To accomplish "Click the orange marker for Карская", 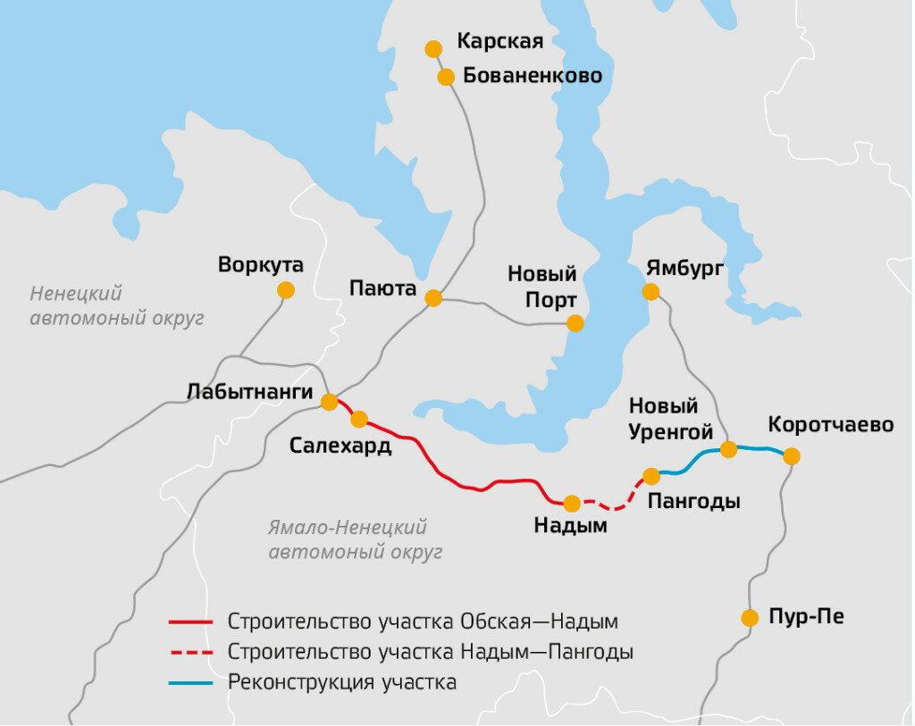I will [433, 48].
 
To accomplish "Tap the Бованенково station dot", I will [446, 77].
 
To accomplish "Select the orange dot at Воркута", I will [285, 290].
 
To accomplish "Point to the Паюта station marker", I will [433, 298].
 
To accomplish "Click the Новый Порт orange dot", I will [575, 323].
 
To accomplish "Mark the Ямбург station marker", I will [651, 292].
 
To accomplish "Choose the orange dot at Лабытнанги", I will [330, 402].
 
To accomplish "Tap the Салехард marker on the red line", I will [359, 419].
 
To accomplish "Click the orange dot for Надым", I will [572, 504].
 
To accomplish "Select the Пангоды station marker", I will [651, 476].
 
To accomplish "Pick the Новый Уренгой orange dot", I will [728, 449].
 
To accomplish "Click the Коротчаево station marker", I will [791, 456].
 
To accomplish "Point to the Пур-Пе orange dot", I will [750, 617].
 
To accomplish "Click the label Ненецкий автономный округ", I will [117, 305].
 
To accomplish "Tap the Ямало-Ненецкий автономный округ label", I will [356, 539].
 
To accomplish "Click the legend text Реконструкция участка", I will [342, 683].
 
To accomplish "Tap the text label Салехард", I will [340, 446].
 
